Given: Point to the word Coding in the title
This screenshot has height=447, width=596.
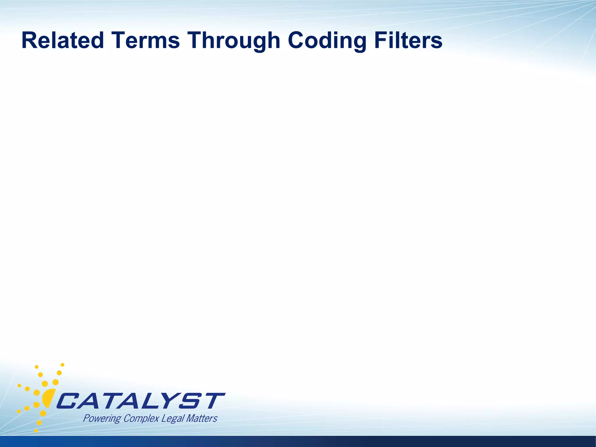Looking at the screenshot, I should coord(327,41).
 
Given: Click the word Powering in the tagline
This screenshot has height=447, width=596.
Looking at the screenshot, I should coord(102,419).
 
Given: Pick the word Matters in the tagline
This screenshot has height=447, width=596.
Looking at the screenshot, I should coord(201,418).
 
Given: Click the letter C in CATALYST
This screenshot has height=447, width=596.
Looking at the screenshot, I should coord(68,401).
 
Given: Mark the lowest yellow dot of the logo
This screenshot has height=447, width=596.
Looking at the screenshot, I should coord(36,430).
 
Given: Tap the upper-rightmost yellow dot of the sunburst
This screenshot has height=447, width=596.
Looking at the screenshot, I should coord(62,365).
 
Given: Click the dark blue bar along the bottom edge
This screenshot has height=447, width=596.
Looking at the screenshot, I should coord(298,441).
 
